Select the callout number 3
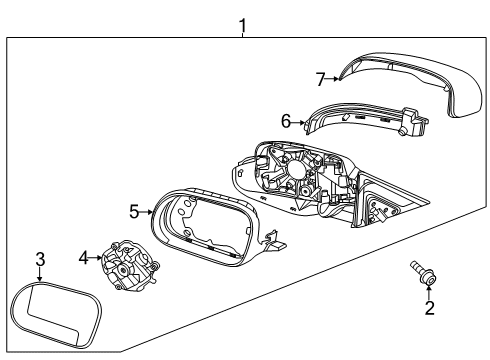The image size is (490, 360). point(40,260)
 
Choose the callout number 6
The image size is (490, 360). point(285,121)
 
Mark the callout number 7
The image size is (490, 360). point(320,77)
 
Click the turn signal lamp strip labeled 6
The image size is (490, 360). point(350,122)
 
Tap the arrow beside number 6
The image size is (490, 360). point(297,122)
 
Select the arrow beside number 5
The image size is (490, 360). point(147,211)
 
